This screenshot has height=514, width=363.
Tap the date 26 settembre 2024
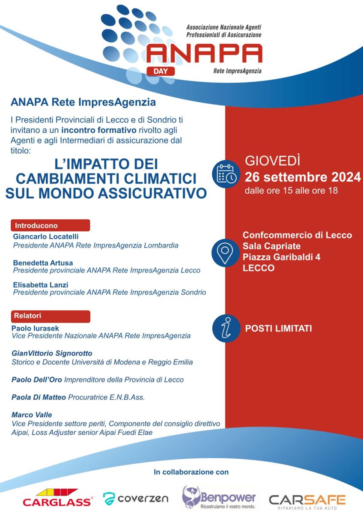click(303, 176)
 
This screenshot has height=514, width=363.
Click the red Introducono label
click(51, 225)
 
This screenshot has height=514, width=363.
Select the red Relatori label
click(51, 316)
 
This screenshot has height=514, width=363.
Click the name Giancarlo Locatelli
click(46, 236)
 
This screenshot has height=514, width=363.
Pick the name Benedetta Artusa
click(43, 262)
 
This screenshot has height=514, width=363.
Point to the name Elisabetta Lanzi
click(41, 284)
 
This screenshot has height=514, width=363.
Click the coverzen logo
click(136, 498)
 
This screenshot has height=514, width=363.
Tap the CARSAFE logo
click(307, 500)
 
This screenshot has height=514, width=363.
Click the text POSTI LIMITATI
click(278, 329)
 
